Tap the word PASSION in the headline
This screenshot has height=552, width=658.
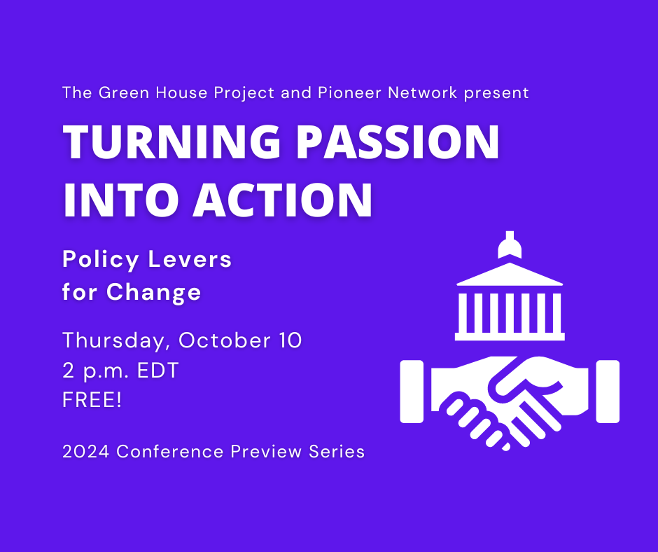pos(398,142)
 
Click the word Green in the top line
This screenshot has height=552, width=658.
pos(124,92)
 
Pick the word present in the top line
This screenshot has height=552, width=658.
pos(496,93)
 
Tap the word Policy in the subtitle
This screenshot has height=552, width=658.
pos(101,260)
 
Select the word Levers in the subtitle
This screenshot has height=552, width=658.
pos(190,259)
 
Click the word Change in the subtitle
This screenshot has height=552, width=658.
pos(153,292)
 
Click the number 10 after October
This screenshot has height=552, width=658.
pos(290,340)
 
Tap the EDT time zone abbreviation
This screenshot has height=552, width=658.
pos(158,371)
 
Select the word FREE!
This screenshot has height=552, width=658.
pos(92,400)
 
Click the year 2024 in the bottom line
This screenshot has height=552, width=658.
pos(86,452)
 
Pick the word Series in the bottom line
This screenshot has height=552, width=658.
pos(337,452)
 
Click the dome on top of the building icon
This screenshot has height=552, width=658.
pos(510,245)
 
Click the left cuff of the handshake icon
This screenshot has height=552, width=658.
pos(412,392)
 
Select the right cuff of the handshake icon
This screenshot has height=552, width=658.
pos(608,392)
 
